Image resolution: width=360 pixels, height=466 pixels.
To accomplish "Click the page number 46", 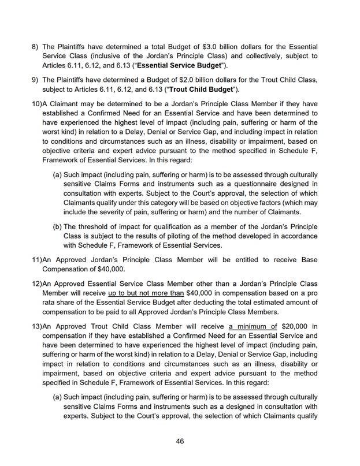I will click(x=180, y=441).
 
